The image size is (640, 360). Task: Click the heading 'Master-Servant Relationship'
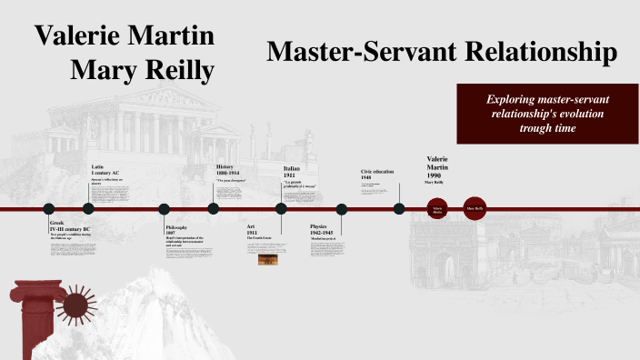[442, 52]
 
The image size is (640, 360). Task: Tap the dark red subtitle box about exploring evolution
[544, 113]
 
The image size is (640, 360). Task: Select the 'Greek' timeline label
[57, 222]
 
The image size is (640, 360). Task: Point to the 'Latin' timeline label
[97, 167]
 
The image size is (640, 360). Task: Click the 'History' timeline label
[225, 167]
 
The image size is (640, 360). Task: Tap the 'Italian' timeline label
[292, 168]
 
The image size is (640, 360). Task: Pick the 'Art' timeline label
[252, 225]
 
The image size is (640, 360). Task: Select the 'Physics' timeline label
[318, 226]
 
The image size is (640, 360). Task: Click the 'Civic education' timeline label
[379, 171]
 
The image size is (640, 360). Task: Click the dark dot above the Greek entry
[49, 209]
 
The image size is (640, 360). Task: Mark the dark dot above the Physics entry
[342, 209]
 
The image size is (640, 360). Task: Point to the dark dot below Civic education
[399, 209]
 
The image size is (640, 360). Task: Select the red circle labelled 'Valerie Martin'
[437, 209]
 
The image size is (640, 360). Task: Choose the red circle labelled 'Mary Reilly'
[475, 209]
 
